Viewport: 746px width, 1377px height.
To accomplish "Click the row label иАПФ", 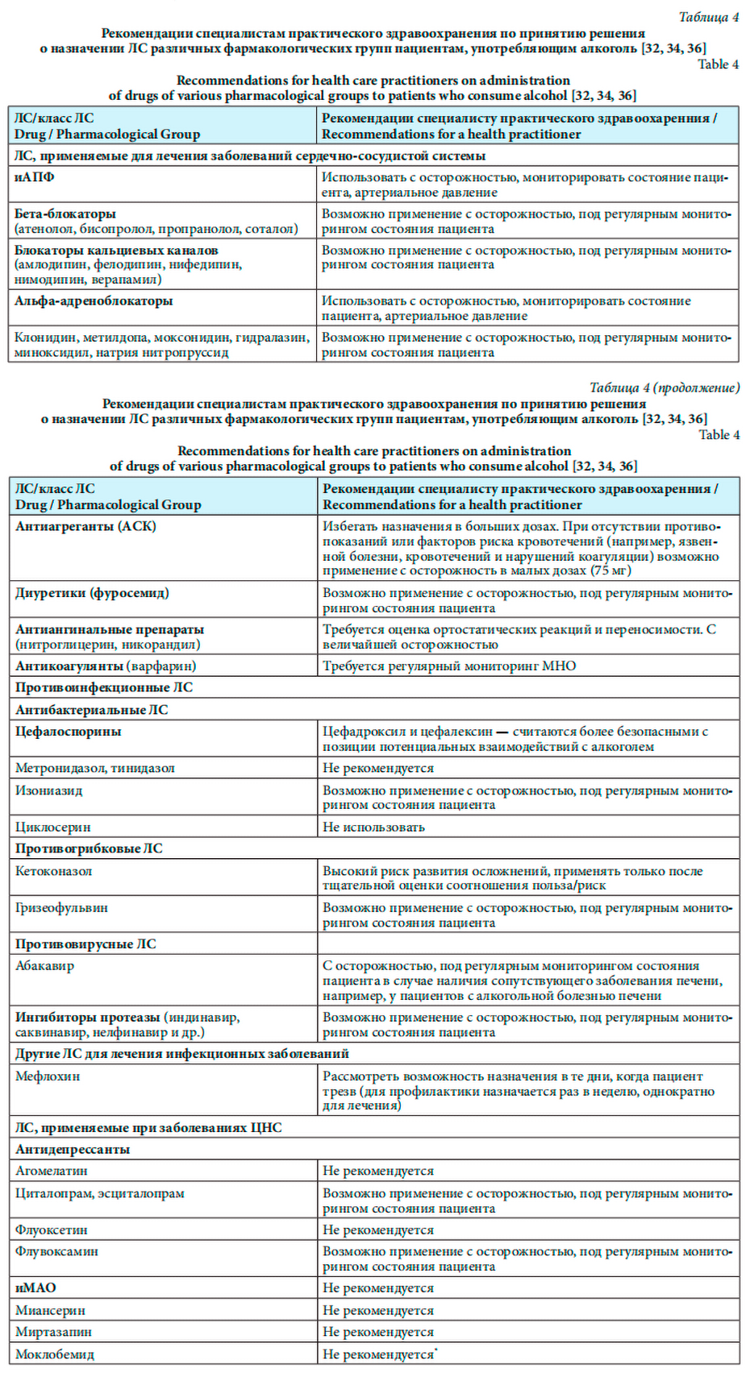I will [x=35, y=177].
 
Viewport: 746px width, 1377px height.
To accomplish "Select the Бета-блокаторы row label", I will [x=65, y=214].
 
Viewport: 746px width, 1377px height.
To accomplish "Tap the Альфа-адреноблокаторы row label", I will [x=94, y=301].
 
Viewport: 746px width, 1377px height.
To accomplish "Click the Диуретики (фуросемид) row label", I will [x=92, y=593].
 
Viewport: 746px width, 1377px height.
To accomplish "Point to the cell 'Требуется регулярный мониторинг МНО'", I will [x=449, y=666].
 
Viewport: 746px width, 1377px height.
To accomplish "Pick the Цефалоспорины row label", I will [x=69, y=732].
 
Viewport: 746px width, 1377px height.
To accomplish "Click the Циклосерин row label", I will [x=53, y=827].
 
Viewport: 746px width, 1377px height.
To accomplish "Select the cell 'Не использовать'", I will [x=373, y=827].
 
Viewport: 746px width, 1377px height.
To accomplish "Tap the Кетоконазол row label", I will [x=54, y=871].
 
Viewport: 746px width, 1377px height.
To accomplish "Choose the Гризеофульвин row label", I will [x=61, y=908].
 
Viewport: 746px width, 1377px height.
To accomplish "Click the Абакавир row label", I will [x=45, y=966].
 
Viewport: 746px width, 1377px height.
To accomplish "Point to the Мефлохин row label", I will [x=48, y=1076].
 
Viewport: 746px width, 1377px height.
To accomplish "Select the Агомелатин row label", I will [x=52, y=1172].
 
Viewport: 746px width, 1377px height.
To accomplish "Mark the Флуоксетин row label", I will [x=52, y=1230].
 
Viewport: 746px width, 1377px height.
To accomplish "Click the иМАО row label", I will [x=35, y=1288].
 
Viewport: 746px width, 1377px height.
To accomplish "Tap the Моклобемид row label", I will [x=55, y=1354].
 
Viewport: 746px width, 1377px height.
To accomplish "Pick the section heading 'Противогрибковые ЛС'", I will [x=89, y=849].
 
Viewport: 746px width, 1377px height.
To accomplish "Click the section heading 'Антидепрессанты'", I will [x=73, y=1150].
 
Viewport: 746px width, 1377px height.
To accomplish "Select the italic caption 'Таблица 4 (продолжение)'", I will [x=664, y=388].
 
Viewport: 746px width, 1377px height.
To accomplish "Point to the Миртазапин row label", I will [x=53, y=1333].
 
